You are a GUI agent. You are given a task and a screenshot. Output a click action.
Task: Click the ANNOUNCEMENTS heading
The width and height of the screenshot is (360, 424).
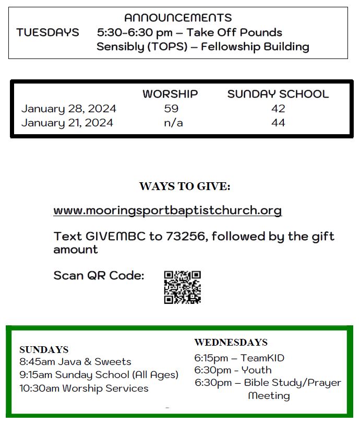click(x=178, y=18)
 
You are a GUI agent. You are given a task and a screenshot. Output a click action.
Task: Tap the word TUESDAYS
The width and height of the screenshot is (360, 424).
click(x=47, y=32)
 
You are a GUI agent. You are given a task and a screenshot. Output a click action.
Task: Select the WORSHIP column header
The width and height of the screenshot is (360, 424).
click(x=170, y=94)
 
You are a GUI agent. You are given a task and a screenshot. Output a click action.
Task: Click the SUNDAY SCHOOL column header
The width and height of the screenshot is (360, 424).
click(x=278, y=94)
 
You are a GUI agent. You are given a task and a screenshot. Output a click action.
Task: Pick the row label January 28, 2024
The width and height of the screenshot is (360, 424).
click(x=68, y=109)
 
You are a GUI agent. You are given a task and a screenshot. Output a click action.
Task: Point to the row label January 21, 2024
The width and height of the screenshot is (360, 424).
click(x=67, y=123)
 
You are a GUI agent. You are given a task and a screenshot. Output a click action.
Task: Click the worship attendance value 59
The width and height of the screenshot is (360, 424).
click(x=171, y=109)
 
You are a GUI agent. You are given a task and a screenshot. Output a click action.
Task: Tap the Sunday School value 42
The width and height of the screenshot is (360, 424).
click(x=278, y=109)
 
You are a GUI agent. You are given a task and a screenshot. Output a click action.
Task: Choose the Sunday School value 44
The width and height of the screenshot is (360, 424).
click(x=278, y=123)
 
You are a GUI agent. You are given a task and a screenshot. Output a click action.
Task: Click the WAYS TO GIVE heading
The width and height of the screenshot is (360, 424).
click(x=185, y=186)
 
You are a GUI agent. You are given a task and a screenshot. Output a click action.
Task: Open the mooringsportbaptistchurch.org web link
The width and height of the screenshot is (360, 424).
click(x=167, y=210)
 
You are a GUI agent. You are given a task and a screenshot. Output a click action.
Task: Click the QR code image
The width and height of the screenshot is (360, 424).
click(x=183, y=287)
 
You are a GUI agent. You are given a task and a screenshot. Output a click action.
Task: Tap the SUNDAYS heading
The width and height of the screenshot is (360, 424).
click(x=44, y=349)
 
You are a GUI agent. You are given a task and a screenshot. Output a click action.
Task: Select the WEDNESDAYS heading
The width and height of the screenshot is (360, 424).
click(x=231, y=343)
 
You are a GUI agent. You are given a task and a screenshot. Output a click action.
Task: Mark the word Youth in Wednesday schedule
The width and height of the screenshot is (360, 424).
click(x=257, y=370)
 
